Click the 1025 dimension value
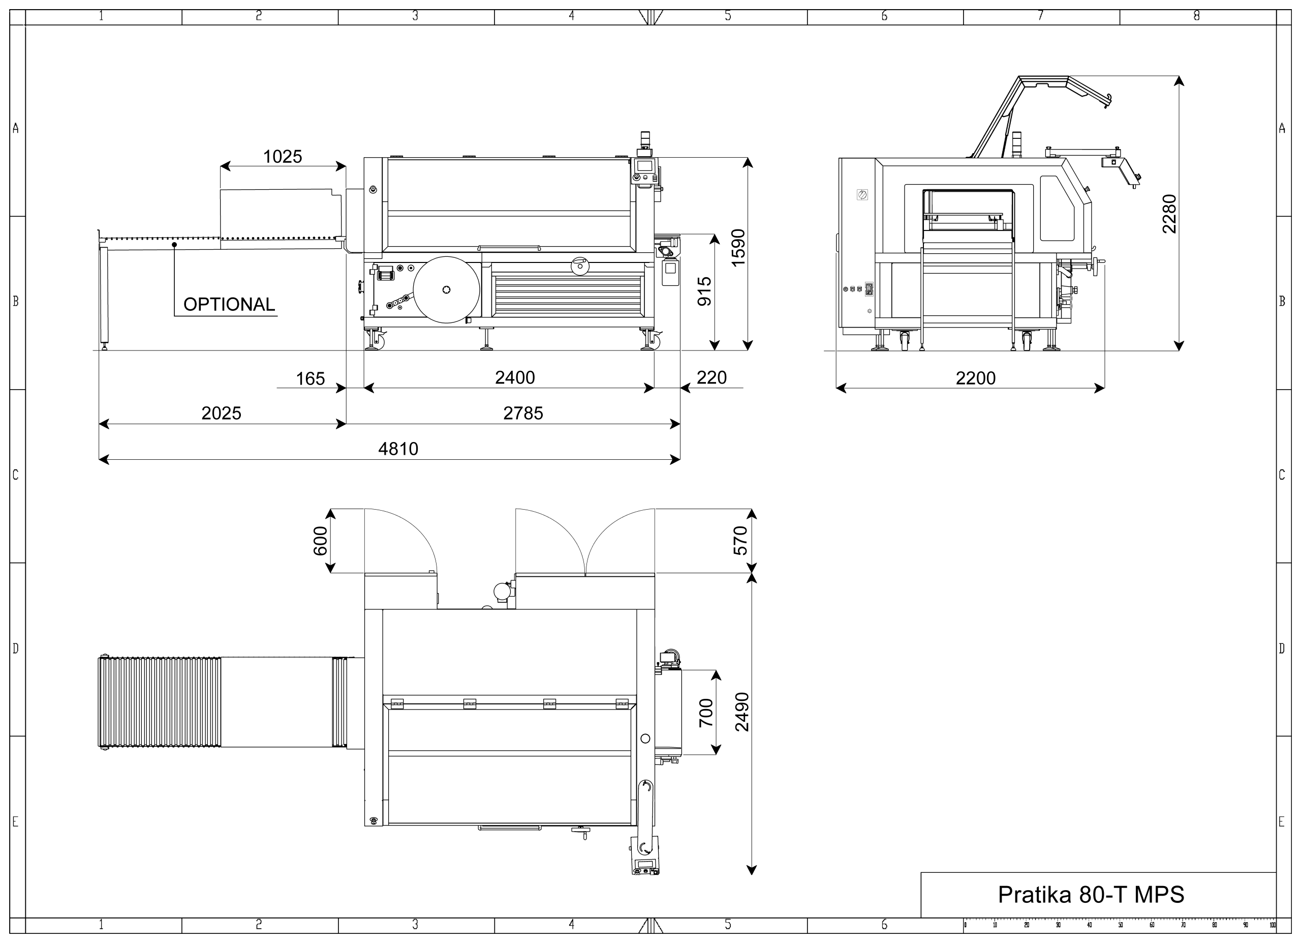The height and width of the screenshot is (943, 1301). [x=282, y=156]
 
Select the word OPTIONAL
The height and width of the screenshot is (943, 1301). [x=229, y=304]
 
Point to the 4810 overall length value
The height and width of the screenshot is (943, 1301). [x=398, y=448]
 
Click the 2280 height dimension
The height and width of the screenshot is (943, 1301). [x=1169, y=214]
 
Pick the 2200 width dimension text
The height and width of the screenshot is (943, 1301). [x=975, y=378]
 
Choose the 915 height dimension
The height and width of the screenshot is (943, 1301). [x=704, y=291]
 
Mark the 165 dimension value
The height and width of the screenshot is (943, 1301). [x=311, y=378]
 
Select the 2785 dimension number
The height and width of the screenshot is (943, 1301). [x=522, y=412]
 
